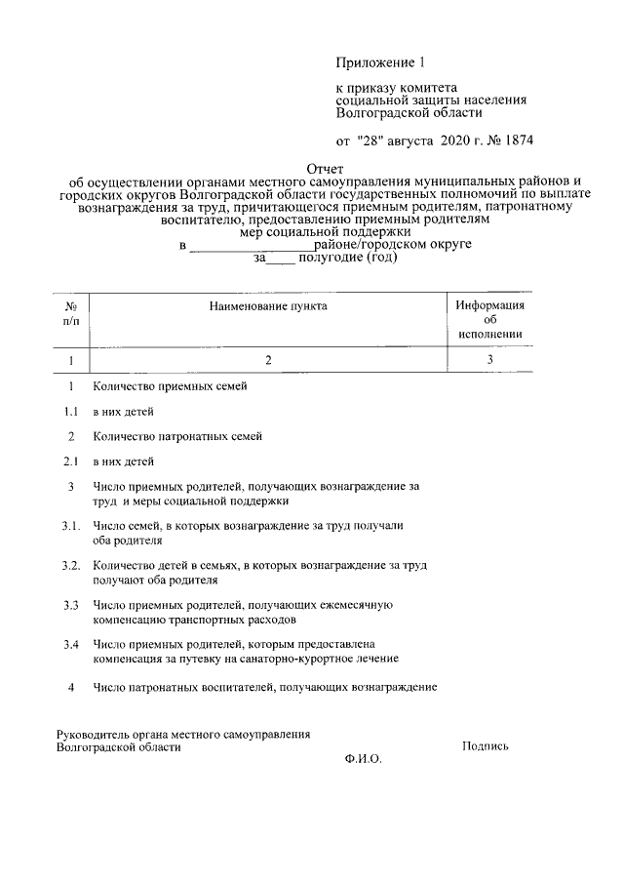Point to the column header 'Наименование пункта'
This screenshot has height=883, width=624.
[268, 306]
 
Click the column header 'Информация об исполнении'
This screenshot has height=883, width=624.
[490, 319]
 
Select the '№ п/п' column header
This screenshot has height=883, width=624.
[71, 313]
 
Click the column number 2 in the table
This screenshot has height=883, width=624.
[268, 360]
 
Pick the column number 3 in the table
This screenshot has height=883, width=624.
[490, 360]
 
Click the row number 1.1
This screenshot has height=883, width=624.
[71, 412]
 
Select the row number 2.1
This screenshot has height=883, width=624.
[71, 461]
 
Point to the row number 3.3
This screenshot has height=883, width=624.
[71, 605]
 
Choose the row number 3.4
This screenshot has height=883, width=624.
[71, 645]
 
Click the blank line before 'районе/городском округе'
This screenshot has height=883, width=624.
[251, 246]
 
